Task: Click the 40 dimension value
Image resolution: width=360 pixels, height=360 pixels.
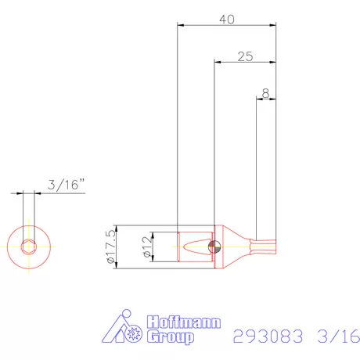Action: click(x=228, y=20)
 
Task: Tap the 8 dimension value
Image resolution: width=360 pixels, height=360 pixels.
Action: click(x=266, y=93)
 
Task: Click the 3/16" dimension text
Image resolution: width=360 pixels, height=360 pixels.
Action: click(x=66, y=185)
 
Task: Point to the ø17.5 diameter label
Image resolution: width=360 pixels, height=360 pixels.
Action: click(x=110, y=247)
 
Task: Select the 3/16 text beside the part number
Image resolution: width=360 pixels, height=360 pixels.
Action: click(x=337, y=337)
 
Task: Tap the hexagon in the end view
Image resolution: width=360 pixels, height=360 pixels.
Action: click(x=28, y=247)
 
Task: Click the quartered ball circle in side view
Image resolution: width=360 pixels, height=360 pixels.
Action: click(x=214, y=247)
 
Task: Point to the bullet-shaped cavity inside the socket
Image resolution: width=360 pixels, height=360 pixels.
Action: click(x=193, y=247)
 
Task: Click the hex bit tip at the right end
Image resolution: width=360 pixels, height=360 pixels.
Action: click(x=267, y=247)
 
